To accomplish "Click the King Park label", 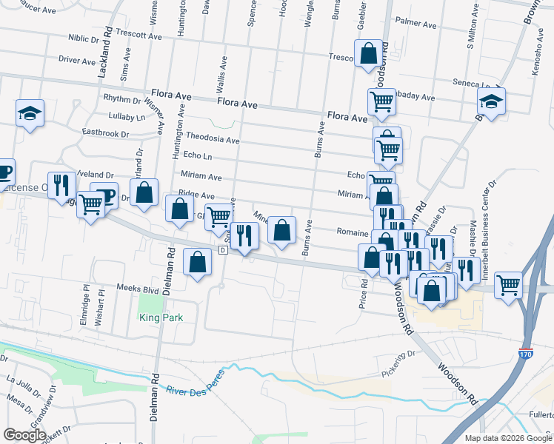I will [161, 318].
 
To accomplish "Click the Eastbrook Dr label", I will [105, 134].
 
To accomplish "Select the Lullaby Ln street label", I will [127, 117].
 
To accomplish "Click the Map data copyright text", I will [508, 437].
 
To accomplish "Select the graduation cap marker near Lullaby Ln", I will [30, 113].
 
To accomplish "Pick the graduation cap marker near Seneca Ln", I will [491, 101].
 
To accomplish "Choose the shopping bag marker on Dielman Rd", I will [196, 263].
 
